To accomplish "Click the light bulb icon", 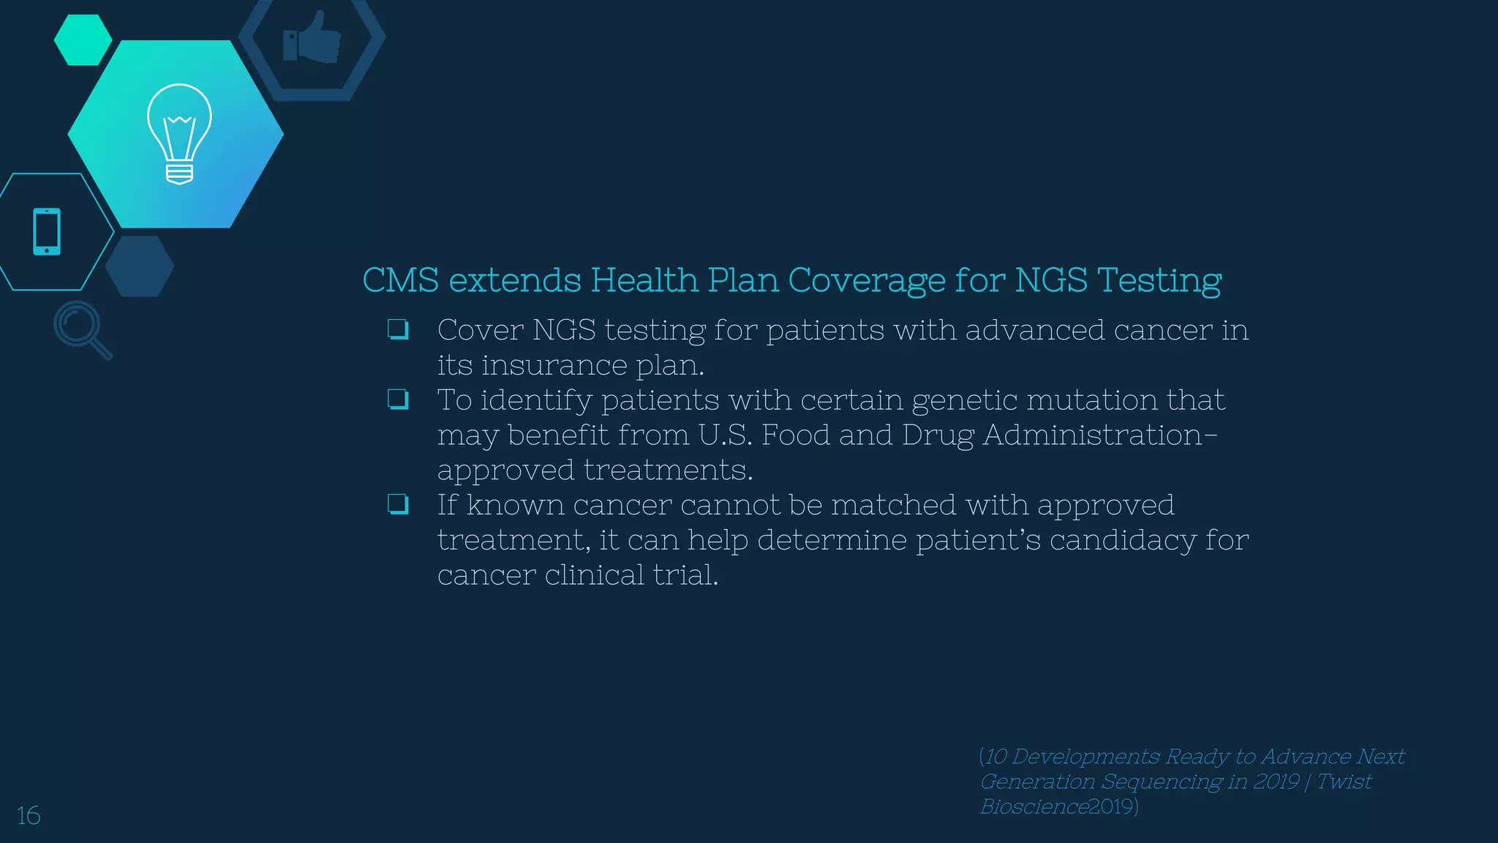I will click(x=179, y=134).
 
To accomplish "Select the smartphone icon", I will click(x=47, y=232).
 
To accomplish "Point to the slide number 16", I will click(x=29, y=815).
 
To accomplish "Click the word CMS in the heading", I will click(x=401, y=280).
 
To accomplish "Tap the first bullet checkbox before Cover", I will click(x=398, y=330).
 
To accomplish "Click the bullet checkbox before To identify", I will click(x=398, y=400).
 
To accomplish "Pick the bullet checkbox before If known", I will click(x=398, y=504).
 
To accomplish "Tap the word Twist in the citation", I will click(x=1344, y=782).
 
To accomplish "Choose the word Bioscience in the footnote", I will click(x=1034, y=806).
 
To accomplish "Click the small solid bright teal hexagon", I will click(x=83, y=40).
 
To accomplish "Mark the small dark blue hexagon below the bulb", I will click(x=139, y=266).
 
